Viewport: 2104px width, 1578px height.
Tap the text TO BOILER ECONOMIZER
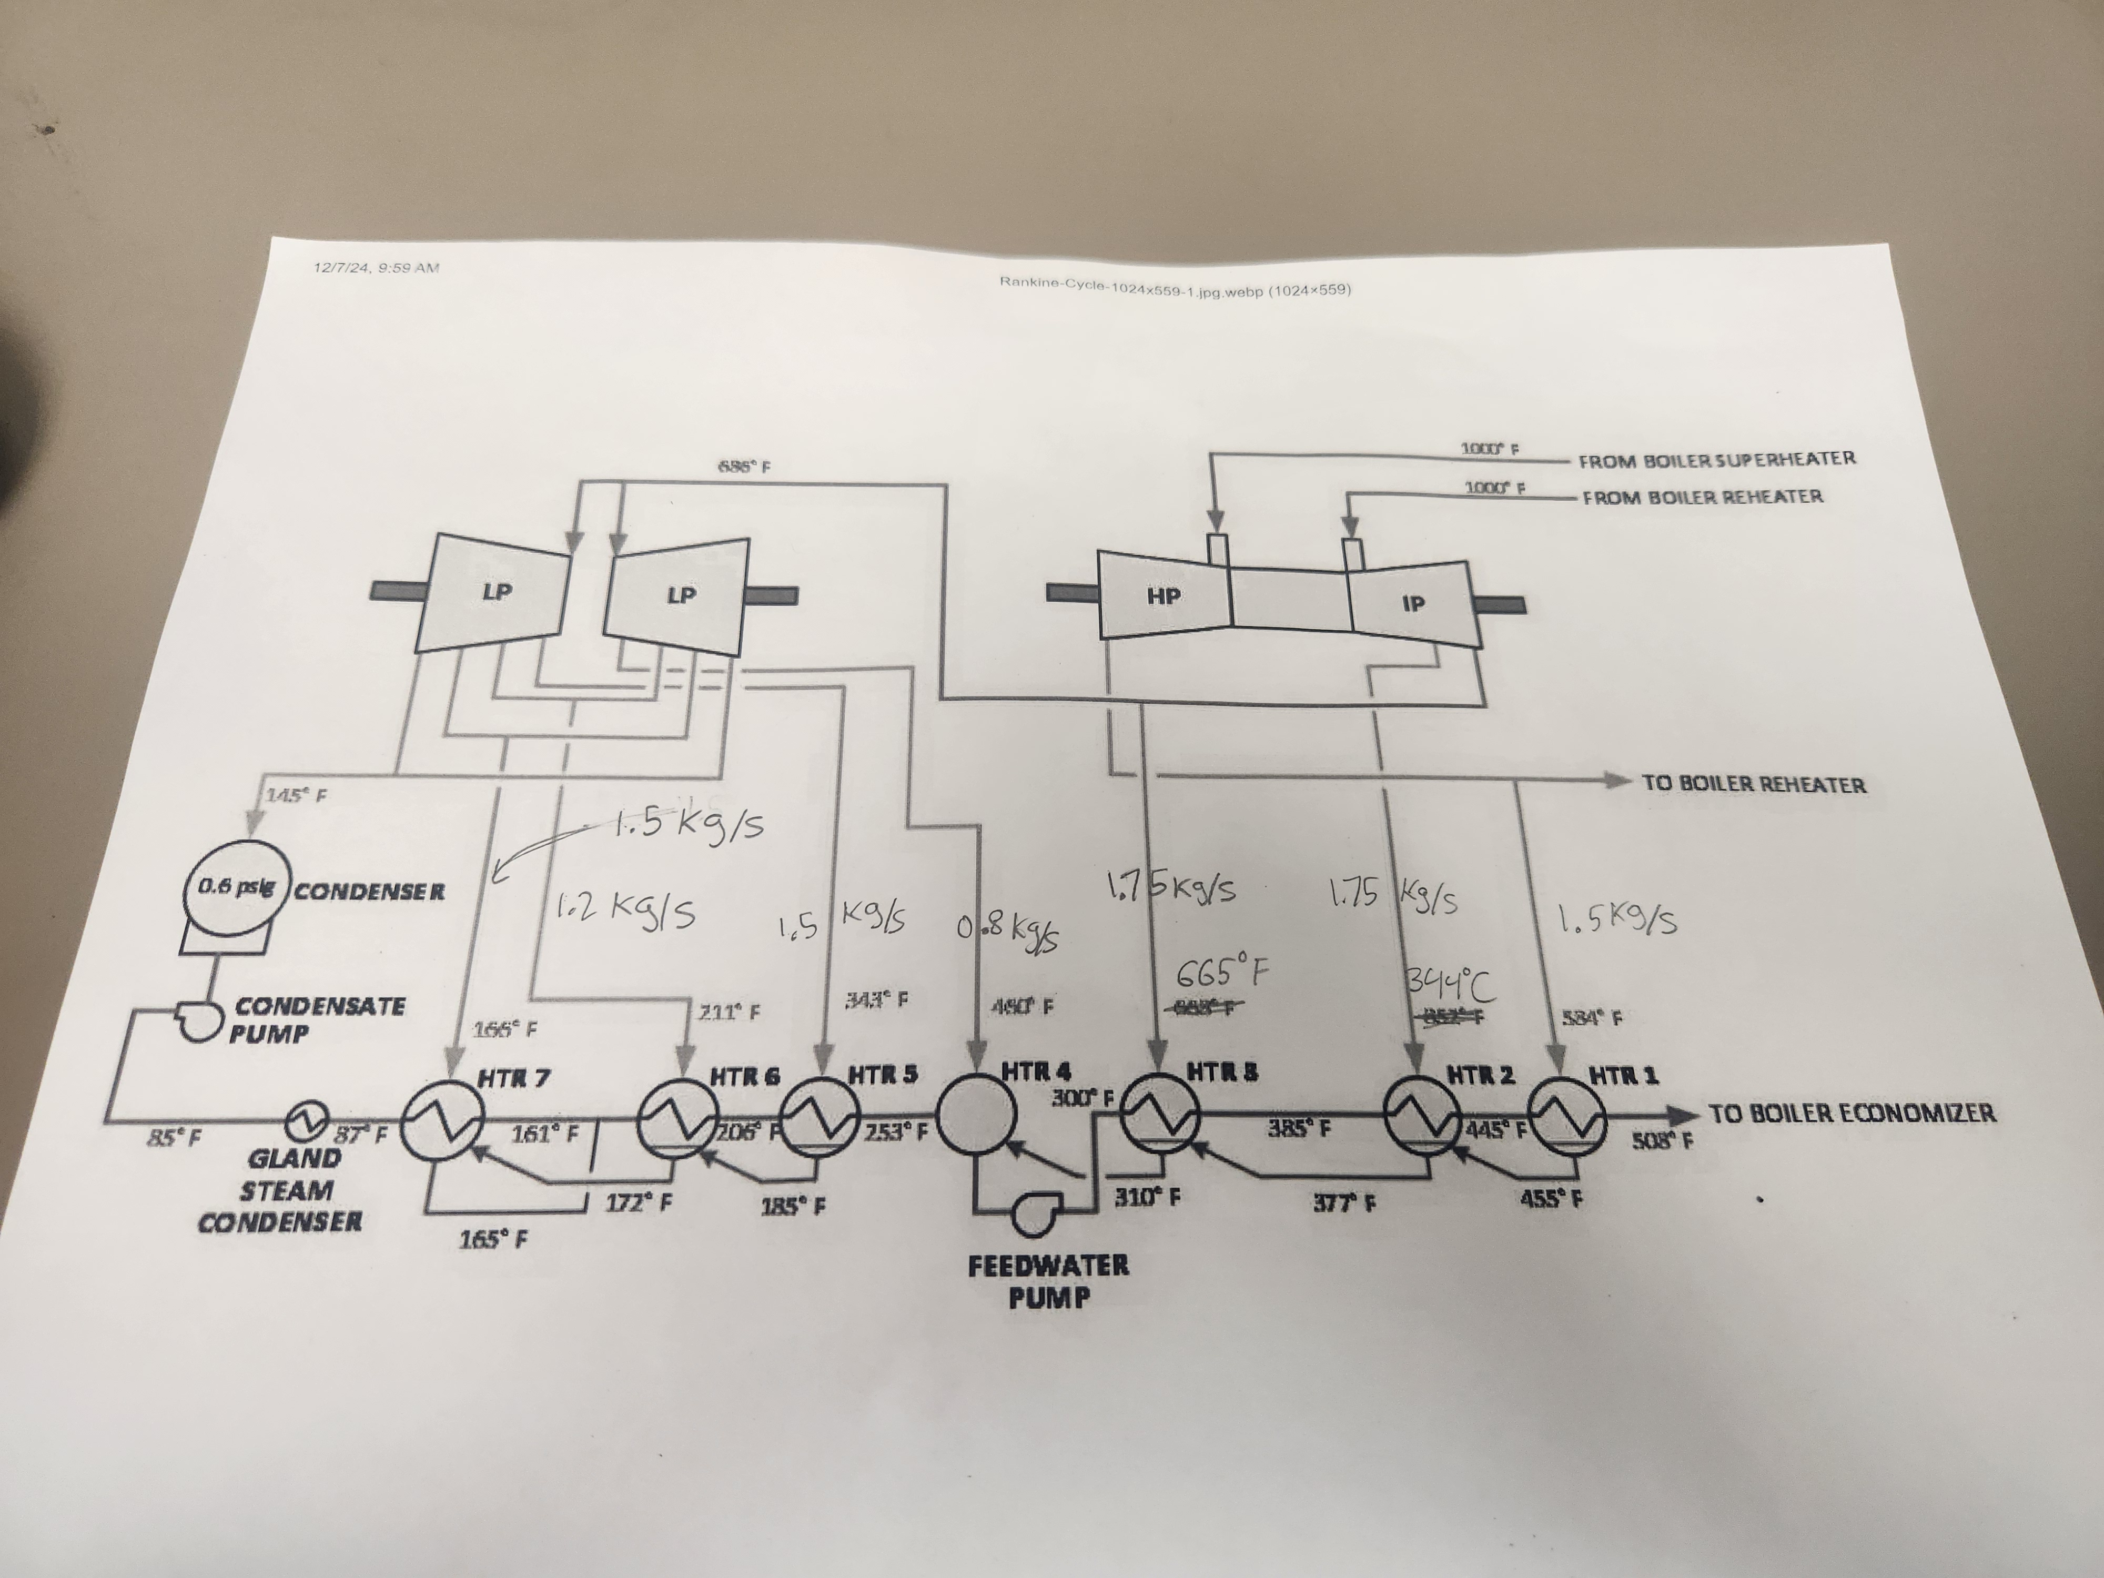1851,1113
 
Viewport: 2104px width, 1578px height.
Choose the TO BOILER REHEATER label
1753,785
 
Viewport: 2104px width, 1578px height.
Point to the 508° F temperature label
1662,1140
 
